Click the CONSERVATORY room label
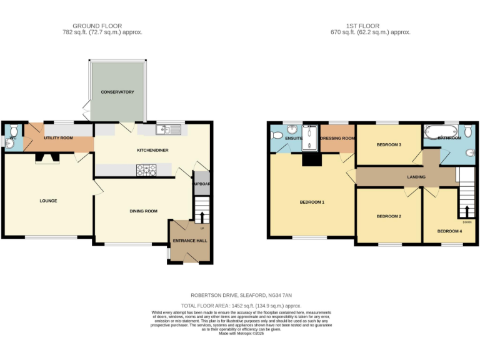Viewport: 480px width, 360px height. pos(118,92)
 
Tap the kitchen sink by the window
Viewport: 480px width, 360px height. pos(169,129)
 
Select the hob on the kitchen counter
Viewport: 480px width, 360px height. pos(146,169)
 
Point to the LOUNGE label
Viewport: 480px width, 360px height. pos(48,201)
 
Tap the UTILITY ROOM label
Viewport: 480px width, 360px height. pos(58,137)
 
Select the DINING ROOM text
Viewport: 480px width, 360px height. pos(142,211)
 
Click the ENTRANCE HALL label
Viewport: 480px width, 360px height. pos(189,240)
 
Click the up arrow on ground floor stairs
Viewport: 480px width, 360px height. pos(201,217)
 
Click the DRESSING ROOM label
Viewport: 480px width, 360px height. pos(337,138)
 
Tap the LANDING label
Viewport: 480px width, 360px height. pos(416,177)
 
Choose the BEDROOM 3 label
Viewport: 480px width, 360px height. pos(389,145)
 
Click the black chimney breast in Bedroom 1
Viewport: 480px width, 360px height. pos(311,160)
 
